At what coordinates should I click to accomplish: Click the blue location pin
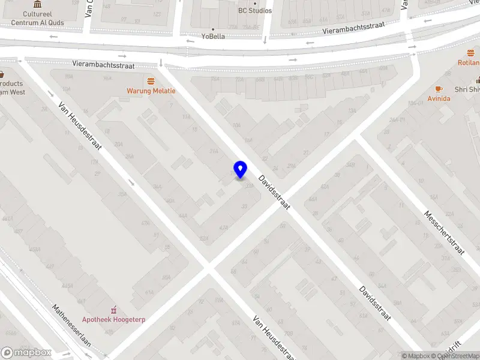click(240, 169)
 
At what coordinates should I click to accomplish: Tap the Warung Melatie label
click(151, 91)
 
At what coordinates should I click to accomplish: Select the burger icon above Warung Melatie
click(151, 80)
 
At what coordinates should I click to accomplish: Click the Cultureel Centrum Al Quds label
click(37, 19)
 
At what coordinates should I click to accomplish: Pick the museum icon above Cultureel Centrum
click(37, 4)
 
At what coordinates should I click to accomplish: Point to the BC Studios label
click(255, 11)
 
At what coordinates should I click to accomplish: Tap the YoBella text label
click(213, 36)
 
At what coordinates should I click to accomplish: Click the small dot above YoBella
click(213, 28)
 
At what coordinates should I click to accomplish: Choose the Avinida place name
click(439, 98)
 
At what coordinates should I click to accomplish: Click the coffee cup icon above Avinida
click(439, 88)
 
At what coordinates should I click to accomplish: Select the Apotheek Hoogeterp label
click(114, 320)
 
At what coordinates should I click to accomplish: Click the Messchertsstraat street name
click(445, 233)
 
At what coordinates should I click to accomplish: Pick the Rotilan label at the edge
click(469, 62)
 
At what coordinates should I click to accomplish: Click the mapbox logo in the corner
click(26, 353)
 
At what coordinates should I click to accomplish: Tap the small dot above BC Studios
click(255, 3)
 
